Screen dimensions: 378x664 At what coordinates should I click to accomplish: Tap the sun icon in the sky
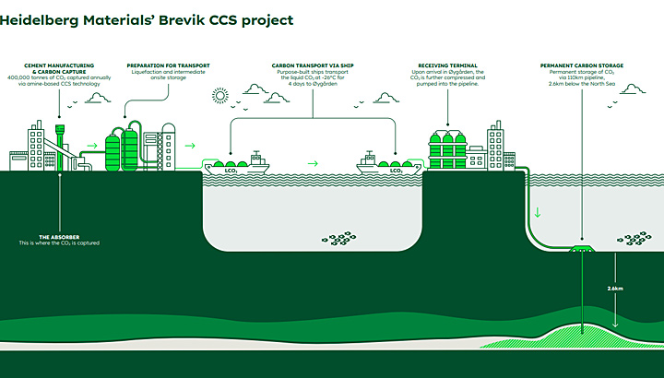[221, 96]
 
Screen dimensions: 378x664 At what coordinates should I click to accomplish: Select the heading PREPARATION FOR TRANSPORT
[168, 65]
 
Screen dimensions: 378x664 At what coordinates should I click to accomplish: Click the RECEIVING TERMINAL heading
[448, 65]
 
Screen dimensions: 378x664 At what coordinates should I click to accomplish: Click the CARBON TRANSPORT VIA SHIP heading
[312, 65]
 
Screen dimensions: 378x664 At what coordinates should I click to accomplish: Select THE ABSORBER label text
[58, 236]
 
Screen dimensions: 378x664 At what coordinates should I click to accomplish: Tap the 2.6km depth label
[616, 289]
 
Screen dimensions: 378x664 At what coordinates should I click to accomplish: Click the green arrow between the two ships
[314, 163]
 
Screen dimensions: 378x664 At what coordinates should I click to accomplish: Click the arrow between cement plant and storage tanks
[91, 145]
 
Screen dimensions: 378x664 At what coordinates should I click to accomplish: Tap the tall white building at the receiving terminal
[496, 146]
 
